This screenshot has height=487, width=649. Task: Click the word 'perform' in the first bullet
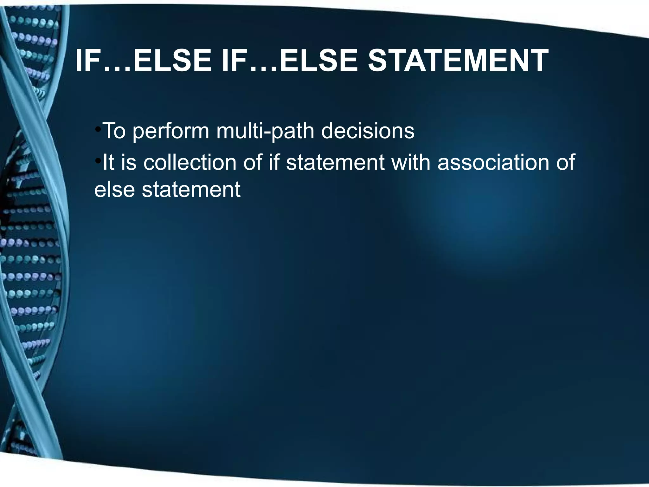click(171, 131)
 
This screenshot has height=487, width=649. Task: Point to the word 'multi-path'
click(265, 131)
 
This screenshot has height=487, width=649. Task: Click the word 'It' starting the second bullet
click(108, 162)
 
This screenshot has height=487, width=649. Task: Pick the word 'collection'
click(190, 162)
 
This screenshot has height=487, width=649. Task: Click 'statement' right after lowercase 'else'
click(191, 190)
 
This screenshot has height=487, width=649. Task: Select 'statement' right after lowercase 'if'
click(335, 162)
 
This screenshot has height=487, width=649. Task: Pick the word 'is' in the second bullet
click(128, 162)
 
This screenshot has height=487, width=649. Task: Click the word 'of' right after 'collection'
click(252, 162)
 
